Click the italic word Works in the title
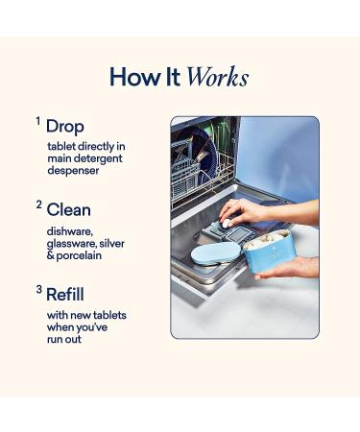(x=217, y=77)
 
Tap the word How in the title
(x=134, y=77)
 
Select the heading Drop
(x=65, y=127)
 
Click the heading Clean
(x=68, y=210)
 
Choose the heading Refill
(x=65, y=294)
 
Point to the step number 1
(x=38, y=121)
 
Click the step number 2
(x=39, y=204)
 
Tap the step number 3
(x=39, y=289)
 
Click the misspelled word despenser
(x=73, y=171)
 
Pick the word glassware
(x=71, y=244)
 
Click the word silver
(x=111, y=243)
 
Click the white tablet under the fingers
(x=227, y=224)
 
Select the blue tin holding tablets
(x=266, y=252)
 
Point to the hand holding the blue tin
(x=289, y=268)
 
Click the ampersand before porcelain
(x=51, y=255)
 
